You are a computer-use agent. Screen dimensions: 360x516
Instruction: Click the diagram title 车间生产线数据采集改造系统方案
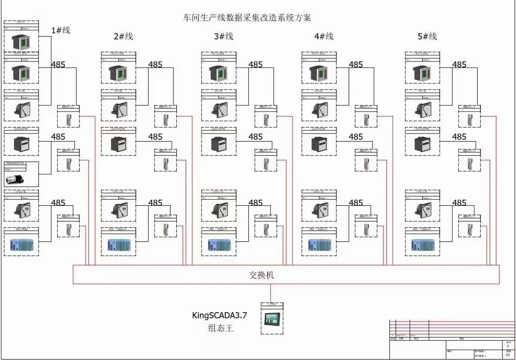pyautogui.click(x=247, y=18)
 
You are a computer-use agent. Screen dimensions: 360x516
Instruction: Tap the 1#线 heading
pyautogui.click(x=60, y=30)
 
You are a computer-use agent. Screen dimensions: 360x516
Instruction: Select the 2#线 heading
pyautogui.click(x=124, y=37)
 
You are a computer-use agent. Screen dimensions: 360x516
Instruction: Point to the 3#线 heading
pyautogui.click(x=224, y=37)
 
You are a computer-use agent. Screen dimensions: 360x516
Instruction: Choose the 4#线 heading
pyautogui.click(x=324, y=37)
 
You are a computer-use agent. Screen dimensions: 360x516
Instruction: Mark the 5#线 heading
pyautogui.click(x=427, y=37)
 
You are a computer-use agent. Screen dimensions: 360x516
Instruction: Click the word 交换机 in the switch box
pyautogui.click(x=261, y=275)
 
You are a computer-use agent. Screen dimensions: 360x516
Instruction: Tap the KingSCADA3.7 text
pyautogui.click(x=219, y=315)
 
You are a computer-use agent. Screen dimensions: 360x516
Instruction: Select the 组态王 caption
pyautogui.click(x=220, y=328)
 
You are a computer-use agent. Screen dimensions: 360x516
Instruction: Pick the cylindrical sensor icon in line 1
pyautogui.click(x=18, y=179)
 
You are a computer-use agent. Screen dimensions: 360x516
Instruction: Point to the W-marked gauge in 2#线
pyautogui.click(x=119, y=210)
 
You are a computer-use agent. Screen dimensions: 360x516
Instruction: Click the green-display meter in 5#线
pyautogui.click(x=422, y=74)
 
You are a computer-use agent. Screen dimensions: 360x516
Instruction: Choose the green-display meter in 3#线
pyautogui.click(x=219, y=74)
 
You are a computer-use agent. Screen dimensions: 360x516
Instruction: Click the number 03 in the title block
pyautogui.click(x=508, y=355)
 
